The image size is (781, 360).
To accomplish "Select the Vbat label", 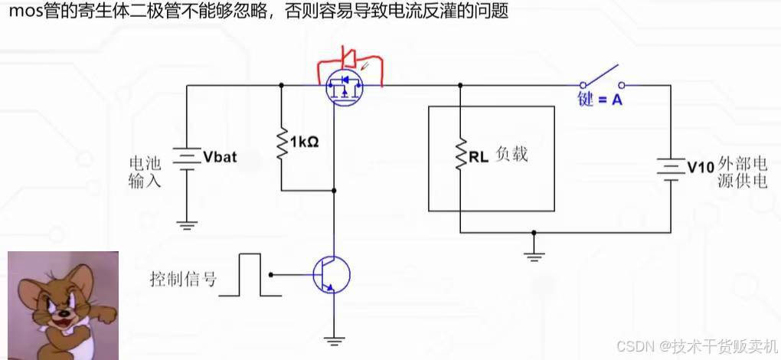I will point(221,158).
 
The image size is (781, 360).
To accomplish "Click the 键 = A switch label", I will point(600,100).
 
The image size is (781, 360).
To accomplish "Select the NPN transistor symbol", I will point(331,274).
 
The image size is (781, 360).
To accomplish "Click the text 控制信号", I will point(183,279).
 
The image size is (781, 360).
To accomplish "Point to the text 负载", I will point(512,155).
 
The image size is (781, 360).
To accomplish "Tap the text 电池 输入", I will point(145,172).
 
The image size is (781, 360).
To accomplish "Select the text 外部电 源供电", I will point(743,173).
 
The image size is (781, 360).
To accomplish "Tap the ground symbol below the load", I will point(534,255).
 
